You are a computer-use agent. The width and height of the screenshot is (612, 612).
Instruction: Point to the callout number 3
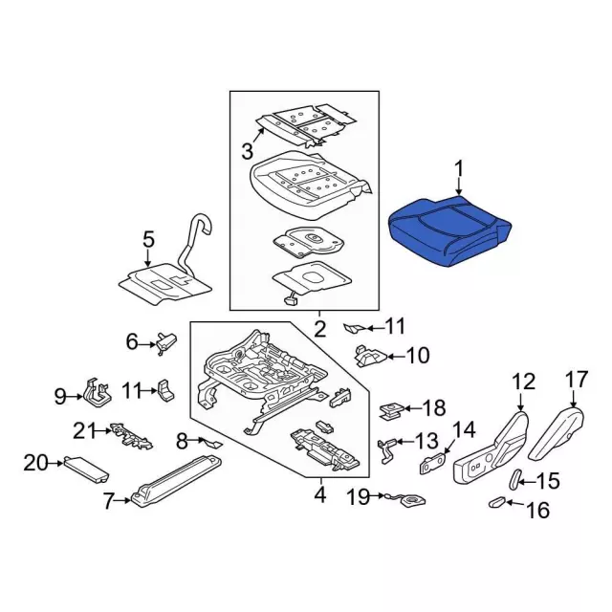247,151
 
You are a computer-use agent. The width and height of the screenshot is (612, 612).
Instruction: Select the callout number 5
148,240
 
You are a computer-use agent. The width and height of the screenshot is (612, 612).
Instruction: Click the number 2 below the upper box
319,329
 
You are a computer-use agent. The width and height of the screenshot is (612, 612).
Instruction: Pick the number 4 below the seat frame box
319,495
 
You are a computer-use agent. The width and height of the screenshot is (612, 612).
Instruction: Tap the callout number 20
35,464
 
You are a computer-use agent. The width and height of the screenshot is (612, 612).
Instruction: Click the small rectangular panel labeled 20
84,469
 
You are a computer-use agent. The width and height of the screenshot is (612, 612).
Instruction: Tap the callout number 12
523,382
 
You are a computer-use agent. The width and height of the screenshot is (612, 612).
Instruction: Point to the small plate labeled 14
434,463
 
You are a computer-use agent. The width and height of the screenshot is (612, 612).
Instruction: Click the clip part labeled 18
389,410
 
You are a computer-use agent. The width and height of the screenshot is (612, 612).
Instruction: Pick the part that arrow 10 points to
369,356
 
